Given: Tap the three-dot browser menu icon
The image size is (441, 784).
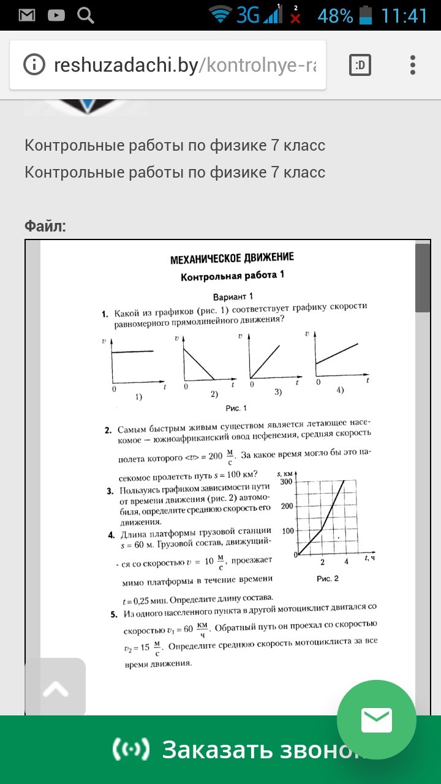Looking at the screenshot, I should click(413, 64).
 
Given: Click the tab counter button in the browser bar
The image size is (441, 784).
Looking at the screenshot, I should click(360, 64).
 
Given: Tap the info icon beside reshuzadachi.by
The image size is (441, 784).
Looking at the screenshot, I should click(34, 64).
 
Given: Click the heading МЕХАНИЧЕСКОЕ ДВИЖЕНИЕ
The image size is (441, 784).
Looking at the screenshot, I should click(232, 258).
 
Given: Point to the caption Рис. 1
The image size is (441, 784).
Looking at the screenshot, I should click(236, 408).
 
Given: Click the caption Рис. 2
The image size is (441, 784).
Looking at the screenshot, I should click(327, 578).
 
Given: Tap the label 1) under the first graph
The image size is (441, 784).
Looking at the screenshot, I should click(139, 397).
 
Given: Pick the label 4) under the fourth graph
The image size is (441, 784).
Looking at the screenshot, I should click(340, 390).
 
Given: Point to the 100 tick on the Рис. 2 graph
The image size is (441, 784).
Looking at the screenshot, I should click(287, 531).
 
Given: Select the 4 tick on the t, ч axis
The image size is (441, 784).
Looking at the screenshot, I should click(346, 562).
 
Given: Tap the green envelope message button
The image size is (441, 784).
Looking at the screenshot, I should click(376, 720).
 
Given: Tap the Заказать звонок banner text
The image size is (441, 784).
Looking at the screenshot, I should click(257, 749).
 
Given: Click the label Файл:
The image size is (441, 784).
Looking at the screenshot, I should click(45, 227).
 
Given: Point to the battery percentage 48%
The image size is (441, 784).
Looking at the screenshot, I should click(335, 15).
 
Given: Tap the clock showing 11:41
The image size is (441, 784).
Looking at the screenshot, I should click(404, 15).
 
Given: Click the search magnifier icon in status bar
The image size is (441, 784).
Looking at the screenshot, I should click(86, 15).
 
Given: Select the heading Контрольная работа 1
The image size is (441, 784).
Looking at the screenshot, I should click(232, 276).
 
